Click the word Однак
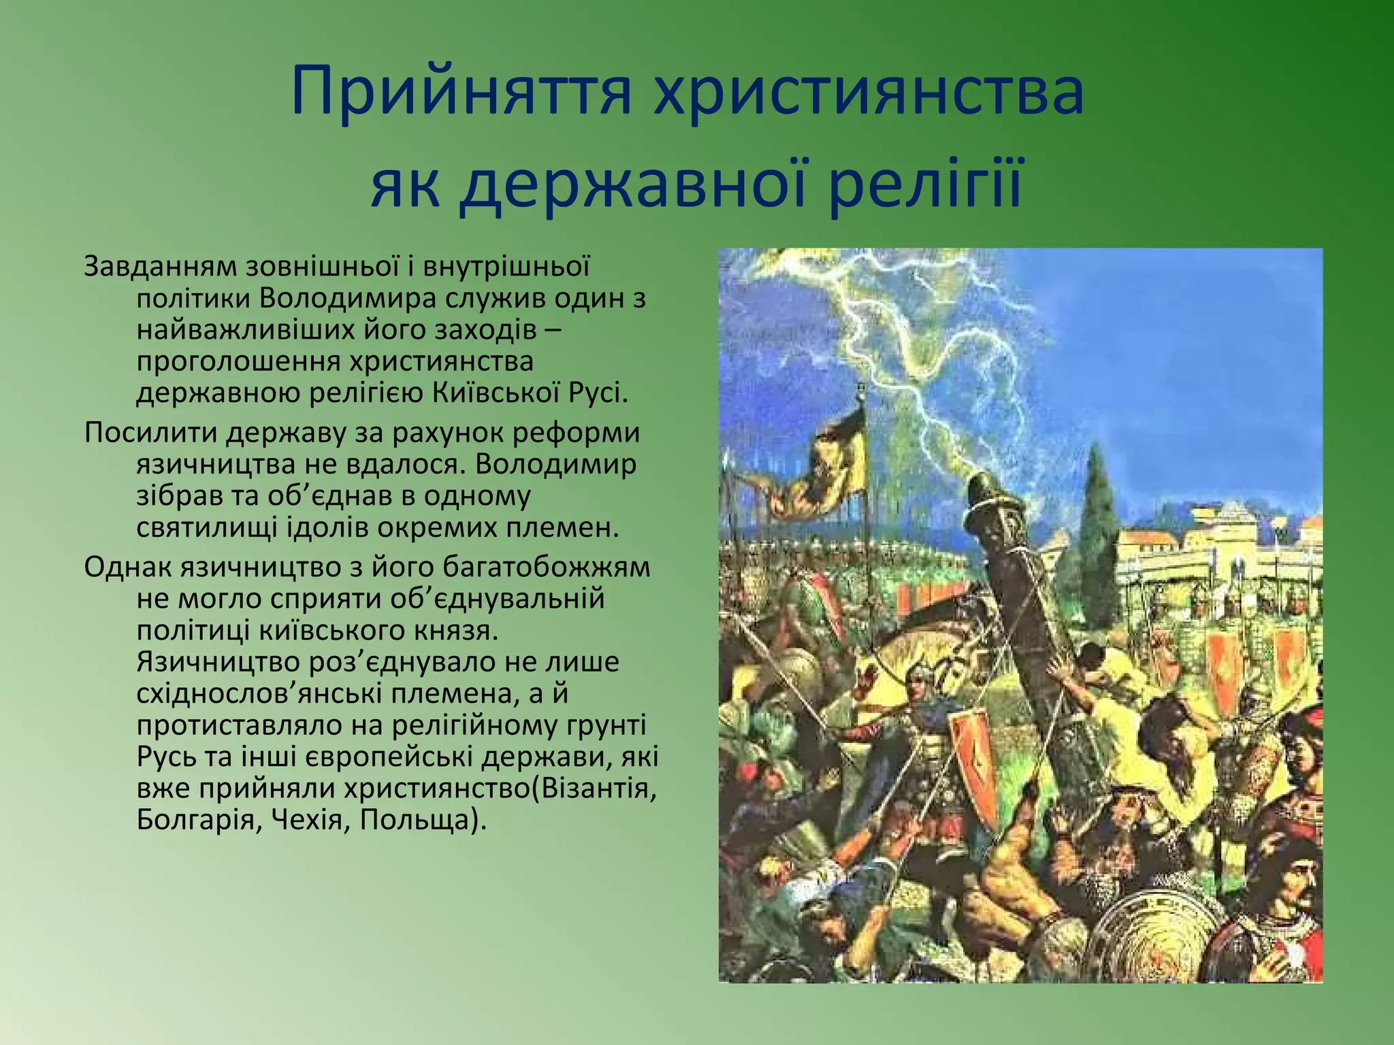click(x=127, y=567)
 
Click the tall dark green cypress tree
click(x=1097, y=531)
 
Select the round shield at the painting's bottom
click(x=1157, y=942)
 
